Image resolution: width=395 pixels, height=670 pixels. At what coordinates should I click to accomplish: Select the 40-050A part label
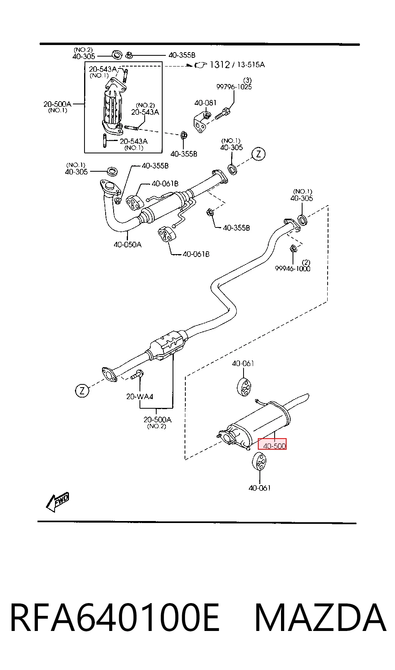[x=128, y=245]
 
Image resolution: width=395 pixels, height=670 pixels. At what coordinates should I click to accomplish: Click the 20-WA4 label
[x=140, y=397]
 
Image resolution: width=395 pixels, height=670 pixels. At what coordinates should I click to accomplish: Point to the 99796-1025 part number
[x=234, y=87]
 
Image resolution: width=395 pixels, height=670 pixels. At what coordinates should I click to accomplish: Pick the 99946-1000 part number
[x=293, y=268]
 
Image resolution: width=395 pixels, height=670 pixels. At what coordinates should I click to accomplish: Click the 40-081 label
[x=205, y=103]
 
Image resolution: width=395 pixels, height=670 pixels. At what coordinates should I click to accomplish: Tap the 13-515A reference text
[x=251, y=65]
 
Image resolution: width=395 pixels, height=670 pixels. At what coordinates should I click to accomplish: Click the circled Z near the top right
[x=259, y=154]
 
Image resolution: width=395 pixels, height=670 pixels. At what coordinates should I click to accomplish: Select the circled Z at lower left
[x=82, y=391]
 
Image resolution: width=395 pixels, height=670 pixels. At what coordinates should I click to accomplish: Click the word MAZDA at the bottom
[x=320, y=618]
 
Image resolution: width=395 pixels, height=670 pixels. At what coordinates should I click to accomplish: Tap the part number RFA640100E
[x=115, y=618]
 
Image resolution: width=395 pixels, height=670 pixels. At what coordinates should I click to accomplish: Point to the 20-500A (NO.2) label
[x=157, y=422]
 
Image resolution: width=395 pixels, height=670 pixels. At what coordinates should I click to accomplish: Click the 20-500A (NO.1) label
[x=57, y=107]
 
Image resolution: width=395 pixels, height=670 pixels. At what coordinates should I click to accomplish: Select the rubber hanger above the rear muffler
[x=244, y=387]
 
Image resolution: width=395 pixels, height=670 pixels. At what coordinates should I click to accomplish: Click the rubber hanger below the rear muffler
[x=259, y=463]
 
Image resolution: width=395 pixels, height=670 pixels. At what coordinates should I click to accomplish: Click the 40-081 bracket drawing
[x=202, y=121]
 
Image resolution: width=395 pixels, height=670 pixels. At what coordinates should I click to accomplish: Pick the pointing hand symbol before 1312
[x=200, y=65]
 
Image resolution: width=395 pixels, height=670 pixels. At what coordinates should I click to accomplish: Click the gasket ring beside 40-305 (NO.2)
[x=117, y=55]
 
